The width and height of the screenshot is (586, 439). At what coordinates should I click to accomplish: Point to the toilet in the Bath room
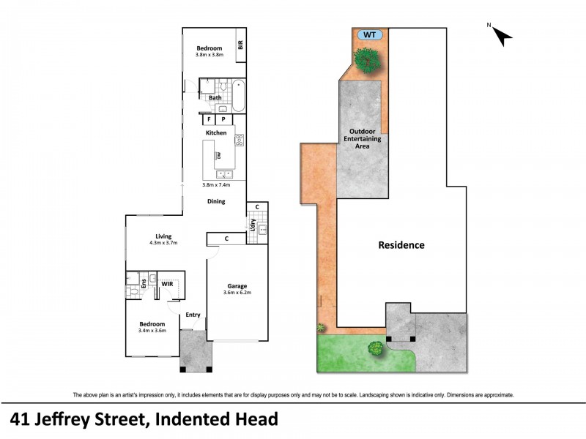[224, 86]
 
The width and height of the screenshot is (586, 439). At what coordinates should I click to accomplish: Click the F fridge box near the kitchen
[209, 119]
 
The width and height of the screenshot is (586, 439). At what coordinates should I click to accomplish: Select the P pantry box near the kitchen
[224, 119]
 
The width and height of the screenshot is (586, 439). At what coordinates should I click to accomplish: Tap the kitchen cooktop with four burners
[239, 138]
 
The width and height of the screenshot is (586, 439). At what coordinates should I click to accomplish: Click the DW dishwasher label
[219, 155]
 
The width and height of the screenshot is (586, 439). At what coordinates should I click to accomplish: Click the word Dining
[215, 201]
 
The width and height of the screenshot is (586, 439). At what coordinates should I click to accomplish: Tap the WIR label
[167, 282]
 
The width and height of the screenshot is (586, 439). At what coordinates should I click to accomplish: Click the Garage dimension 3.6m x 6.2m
[237, 293]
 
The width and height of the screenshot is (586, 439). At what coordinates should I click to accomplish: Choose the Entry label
[193, 315]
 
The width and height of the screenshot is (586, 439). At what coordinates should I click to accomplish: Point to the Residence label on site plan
[401, 245]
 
